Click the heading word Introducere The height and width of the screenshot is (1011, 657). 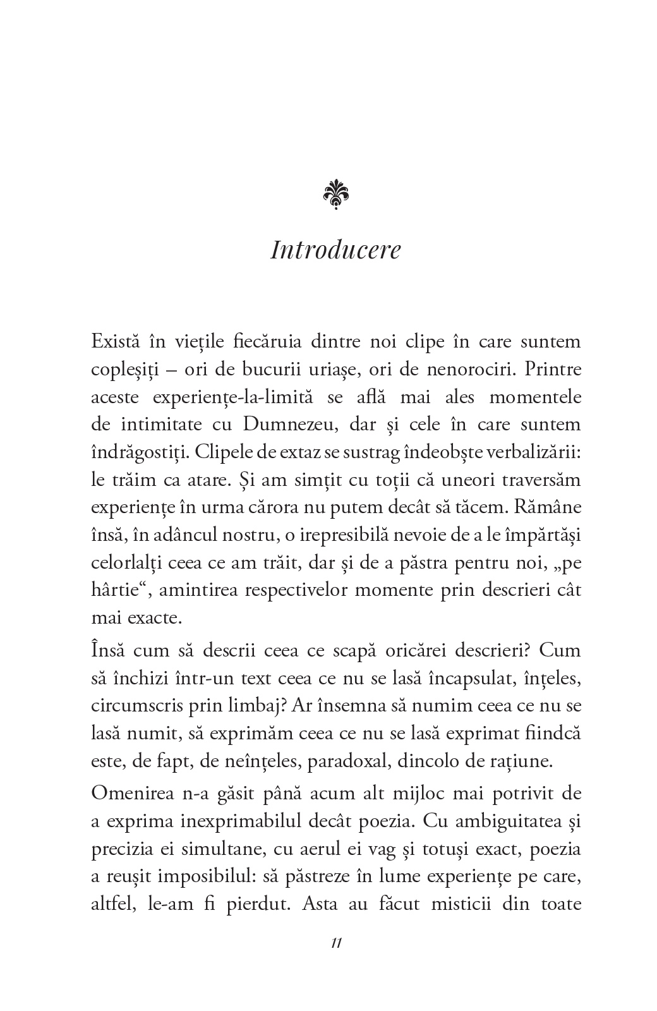[x=335, y=250]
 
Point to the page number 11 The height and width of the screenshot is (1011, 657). [x=335, y=943]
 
